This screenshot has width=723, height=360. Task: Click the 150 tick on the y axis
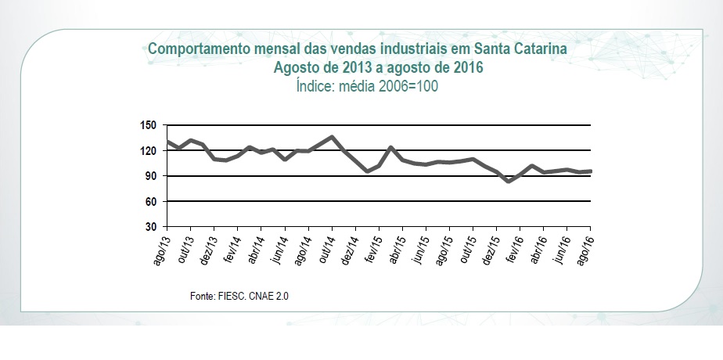149,125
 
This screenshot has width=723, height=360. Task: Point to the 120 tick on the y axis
149,150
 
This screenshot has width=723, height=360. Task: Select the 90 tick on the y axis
151,176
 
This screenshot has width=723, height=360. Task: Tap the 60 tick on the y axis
151,201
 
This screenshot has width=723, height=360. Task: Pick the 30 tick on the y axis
151,227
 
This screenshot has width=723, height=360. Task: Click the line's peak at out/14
332,137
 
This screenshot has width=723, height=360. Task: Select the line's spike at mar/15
390,147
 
